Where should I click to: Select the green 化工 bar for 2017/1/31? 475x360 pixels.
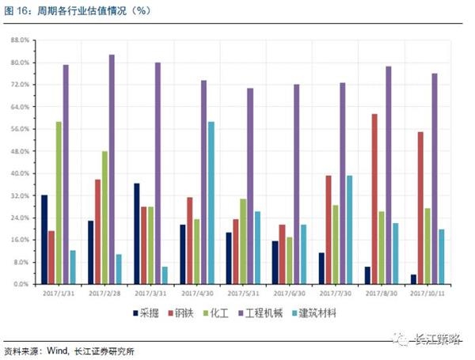[x=59, y=203]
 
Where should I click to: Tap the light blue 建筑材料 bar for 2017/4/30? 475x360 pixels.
[x=211, y=203]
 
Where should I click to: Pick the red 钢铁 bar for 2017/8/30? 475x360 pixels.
[x=374, y=199]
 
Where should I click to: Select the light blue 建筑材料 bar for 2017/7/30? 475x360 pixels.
[x=349, y=229]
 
